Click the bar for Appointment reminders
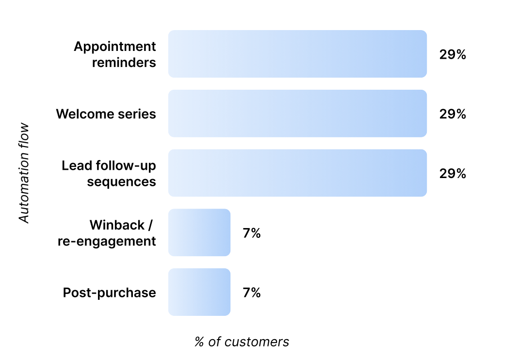(297, 54)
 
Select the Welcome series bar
(297, 114)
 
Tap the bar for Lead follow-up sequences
(297, 173)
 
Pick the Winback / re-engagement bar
(199, 232)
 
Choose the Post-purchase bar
(199, 292)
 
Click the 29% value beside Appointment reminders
(453, 54)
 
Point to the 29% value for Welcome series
(453, 114)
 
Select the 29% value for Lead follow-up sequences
(453, 174)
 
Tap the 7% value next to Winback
(252, 233)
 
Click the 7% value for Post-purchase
(252, 293)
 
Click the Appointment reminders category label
(115, 54)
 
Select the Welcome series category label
(106, 114)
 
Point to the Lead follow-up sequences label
(109, 174)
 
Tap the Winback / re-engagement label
(107, 233)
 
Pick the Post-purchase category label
(110, 293)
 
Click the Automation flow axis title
(24, 173)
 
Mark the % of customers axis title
(242, 342)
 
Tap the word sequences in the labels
(122, 181)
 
